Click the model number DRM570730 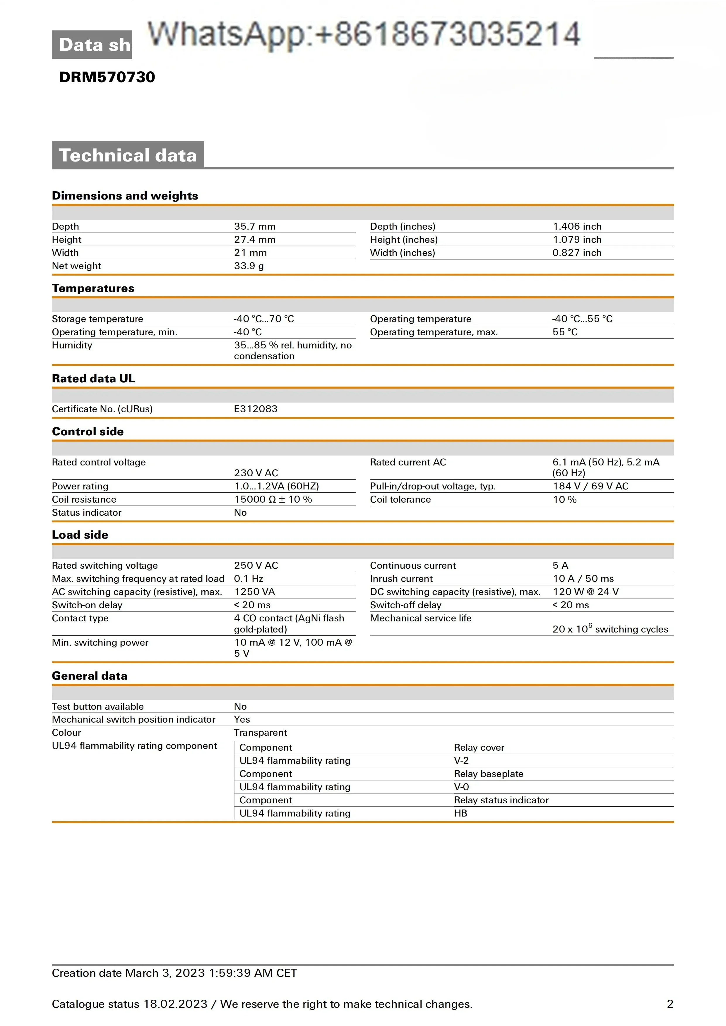tap(107, 77)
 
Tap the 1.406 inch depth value tap(577, 226)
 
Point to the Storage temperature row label tap(97, 319)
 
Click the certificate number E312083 tap(255, 409)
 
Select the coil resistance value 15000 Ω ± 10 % tap(273, 499)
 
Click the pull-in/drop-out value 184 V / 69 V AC tap(590, 486)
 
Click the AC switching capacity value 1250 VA tap(254, 592)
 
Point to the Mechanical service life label tap(421, 618)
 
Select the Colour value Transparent tap(260, 732)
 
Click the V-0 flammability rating tap(461, 787)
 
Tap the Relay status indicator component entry tap(501, 800)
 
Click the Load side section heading tap(80, 535)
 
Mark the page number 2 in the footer tap(670, 1004)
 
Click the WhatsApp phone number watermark tap(364, 34)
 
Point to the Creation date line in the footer tap(174, 973)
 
